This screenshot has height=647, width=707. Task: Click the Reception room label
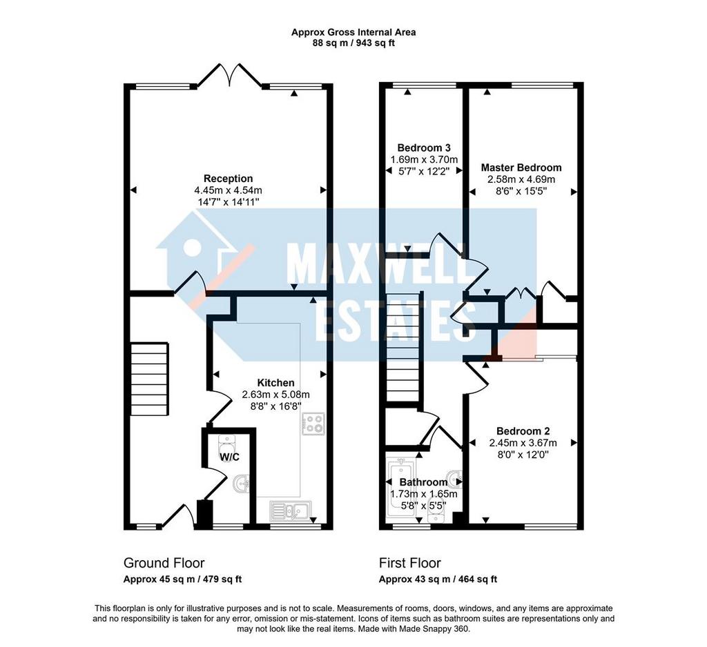click(x=228, y=179)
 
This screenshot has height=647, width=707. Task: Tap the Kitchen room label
click(x=275, y=383)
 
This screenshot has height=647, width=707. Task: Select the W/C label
click(x=229, y=457)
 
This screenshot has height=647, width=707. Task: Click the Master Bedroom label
click(x=521, y=168)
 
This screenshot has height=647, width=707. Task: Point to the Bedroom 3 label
click(x=424, y=148)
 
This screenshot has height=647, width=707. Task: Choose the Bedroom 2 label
click(x=523, y=431)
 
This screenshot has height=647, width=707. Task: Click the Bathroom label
click(x=423, y=482)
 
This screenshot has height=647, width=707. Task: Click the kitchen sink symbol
click(x=289, y=511)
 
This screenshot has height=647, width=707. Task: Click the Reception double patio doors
click(x=229, y=74)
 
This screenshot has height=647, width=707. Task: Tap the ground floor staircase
click(x=150, y=379)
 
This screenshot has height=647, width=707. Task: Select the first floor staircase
click(x=403, y=347)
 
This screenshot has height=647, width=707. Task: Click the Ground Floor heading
click(x=164, y=563)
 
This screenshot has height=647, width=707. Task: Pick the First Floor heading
click(x=410, y=563)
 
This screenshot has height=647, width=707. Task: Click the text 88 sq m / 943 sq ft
click(x=353, y=43)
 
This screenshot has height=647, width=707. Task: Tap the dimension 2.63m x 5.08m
click(x=275, y=395)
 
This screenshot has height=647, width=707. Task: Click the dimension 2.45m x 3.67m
click(x=523, y=443)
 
